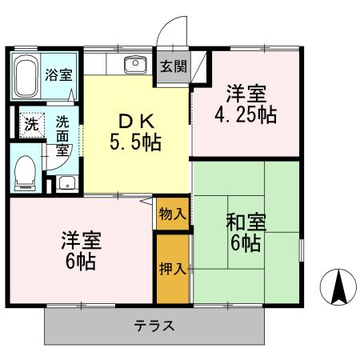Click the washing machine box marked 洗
(30, 125)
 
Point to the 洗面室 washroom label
(62, 134)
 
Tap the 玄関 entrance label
(171, 66)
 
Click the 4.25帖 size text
(246, 114)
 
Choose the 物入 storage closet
(174, 214)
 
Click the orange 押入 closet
(174, 268)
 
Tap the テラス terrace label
(154, 326)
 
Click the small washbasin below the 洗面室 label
(66, 182)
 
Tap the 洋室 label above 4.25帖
(246, 92)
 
